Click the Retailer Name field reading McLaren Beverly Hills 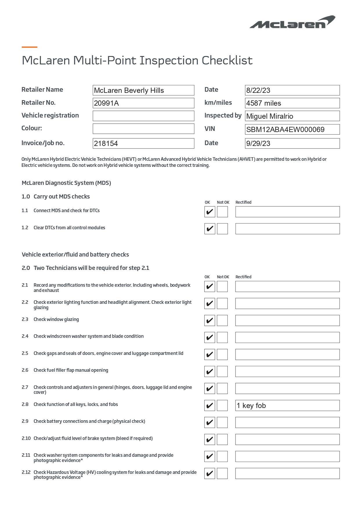143,90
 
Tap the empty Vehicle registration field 143,116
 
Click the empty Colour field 143,129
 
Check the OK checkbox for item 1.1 210,212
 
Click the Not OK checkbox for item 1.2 222,229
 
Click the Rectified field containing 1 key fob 287,405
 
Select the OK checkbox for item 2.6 210,371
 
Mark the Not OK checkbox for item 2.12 222,473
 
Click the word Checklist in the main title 227,60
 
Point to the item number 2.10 26,438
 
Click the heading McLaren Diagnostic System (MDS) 66,183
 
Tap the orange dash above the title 30,47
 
